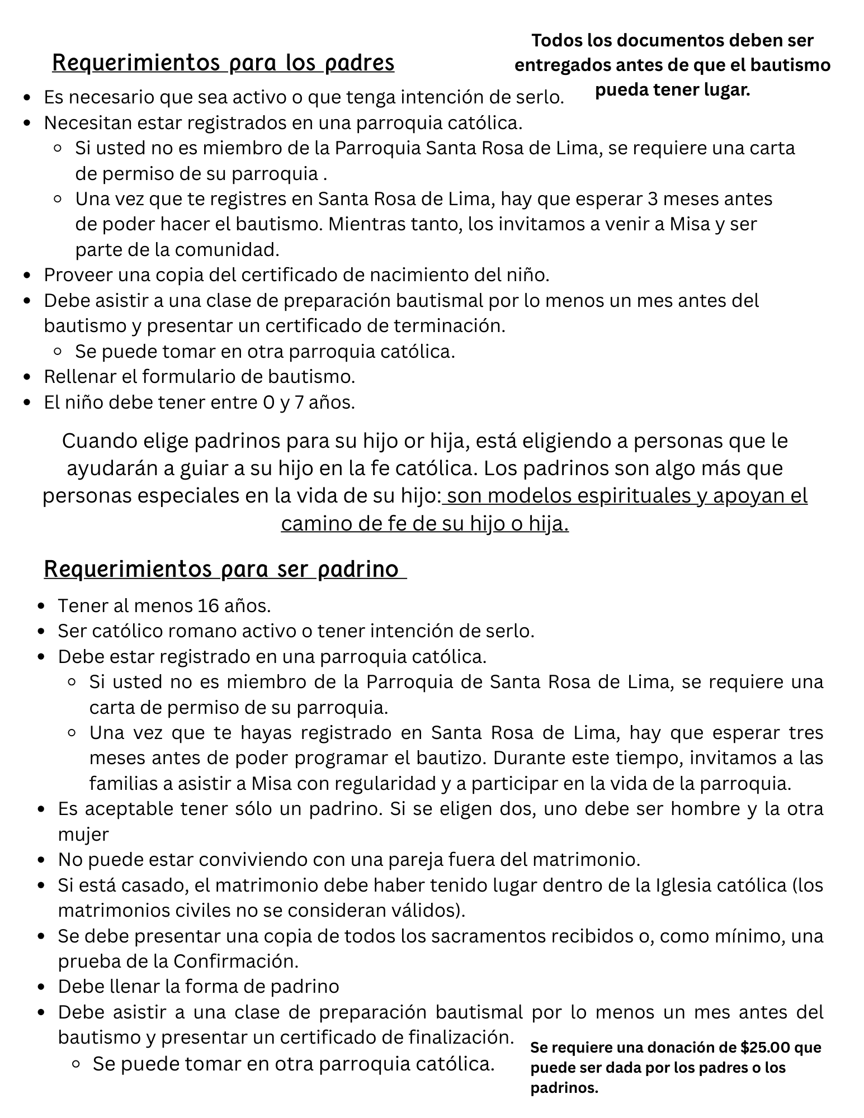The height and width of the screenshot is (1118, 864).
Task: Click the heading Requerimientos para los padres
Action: tap(223, 63)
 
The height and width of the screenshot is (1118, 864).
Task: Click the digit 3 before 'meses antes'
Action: tap(652, 199)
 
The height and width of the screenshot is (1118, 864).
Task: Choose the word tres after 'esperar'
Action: tap(806, 732)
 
